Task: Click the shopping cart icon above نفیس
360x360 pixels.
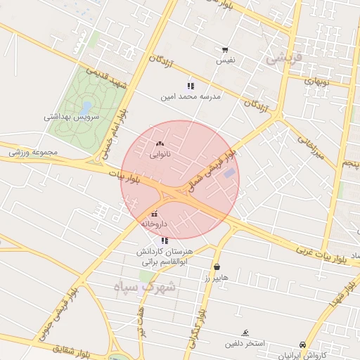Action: pyautogui.click(x=225, y=50)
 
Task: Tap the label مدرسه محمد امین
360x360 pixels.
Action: pyautogui.click(x=190, y=97)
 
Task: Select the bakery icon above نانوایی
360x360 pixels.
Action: pyautogui.click(x=160, y=143)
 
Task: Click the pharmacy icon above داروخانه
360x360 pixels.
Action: pyautogui.click(x=154, y=214)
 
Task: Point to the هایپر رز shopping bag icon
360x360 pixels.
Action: pyautogui.click(x=217, y=267)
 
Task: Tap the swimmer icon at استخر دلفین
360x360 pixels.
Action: pyautogui.click(x=245, y=333)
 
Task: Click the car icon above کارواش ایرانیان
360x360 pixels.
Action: pyautogui.click(x=303, y=345)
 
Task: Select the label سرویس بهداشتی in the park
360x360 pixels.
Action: pyautogui.click(x=72, y=117)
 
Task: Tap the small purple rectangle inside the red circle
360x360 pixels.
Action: pyautogui.click(x=229, y=173)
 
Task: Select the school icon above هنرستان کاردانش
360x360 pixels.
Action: pyautogui.click(x=165, y=240)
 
